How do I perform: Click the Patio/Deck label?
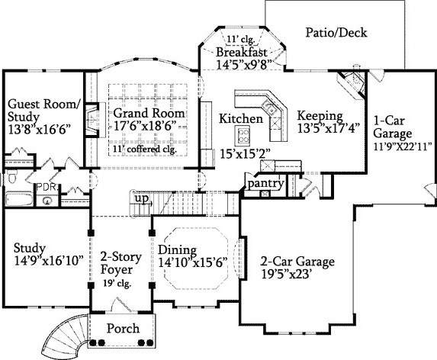point(336,33)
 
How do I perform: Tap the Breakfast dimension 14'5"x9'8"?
point(243,65)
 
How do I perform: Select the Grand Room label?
point(149,113)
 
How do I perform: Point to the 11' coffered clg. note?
point(145,149)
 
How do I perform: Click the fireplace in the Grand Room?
point(92,120)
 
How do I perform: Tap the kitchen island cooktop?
point(242,135)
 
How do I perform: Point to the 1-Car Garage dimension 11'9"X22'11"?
point(402,146)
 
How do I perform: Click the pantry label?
point(265,184)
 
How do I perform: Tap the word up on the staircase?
point(141,198)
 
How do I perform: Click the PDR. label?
point(47,187)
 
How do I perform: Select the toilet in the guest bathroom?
point(11,177)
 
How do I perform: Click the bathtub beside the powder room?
point(19,199)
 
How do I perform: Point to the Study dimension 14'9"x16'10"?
point(49,261)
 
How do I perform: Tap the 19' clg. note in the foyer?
point(117,284)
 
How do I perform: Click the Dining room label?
point(177,250)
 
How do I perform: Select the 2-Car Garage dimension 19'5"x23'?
point(286,275)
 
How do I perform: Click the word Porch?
point(123,329)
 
